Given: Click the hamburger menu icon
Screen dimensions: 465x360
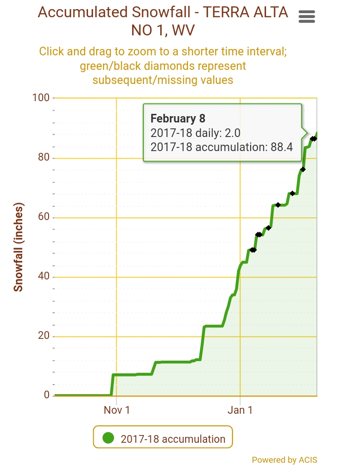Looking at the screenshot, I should point(307,17).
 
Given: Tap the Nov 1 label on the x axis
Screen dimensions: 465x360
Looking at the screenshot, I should point(117,410).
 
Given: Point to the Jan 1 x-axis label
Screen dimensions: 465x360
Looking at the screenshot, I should point(240,410).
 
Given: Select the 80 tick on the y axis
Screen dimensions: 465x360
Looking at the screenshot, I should point(43,158).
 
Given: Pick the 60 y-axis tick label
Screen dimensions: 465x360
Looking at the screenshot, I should point(43,218).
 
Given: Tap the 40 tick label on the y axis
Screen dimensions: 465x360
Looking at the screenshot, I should point(43,277).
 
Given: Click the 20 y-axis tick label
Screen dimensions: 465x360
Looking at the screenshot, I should point(43,337).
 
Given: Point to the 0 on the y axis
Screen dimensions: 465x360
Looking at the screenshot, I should point(46,395).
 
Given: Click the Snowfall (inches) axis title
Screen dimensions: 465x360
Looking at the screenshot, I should point(18,247).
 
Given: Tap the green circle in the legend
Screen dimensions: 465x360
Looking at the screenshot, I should point(108,438).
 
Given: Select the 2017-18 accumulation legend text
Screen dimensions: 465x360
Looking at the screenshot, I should point(173,439).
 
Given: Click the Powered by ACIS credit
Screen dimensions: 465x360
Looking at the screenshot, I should point(284,460).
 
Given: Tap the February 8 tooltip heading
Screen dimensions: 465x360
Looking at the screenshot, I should point(178,119).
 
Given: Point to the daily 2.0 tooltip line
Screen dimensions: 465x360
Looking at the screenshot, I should point(195,133).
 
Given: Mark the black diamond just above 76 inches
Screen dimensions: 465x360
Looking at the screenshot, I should point(303,169).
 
